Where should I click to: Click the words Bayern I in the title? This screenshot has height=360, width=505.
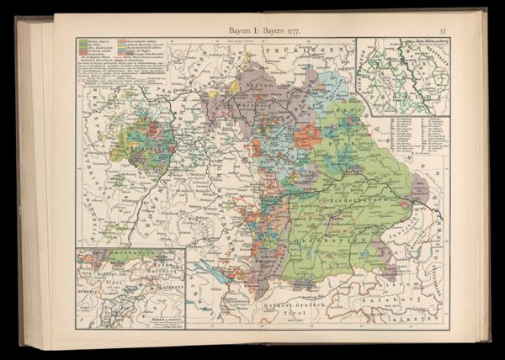245,31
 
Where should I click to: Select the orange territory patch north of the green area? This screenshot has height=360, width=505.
306,135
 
